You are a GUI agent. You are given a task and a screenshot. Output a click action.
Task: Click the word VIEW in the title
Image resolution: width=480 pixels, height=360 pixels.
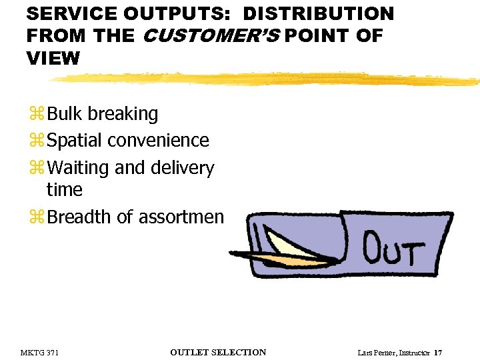coord(53,59)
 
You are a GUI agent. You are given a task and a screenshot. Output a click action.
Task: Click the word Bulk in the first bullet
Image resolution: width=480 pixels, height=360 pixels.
coord(65,114)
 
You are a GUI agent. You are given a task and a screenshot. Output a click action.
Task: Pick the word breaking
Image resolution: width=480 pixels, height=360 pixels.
coord(123,114)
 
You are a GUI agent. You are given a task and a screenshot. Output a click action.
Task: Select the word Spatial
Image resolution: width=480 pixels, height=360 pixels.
coord(75,141)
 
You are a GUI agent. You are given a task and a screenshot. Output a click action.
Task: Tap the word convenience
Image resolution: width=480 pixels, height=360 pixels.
coord(158,141)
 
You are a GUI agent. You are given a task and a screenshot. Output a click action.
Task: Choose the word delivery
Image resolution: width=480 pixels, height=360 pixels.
coord(183,168)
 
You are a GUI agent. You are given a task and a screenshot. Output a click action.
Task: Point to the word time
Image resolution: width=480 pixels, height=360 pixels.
coord(64,190)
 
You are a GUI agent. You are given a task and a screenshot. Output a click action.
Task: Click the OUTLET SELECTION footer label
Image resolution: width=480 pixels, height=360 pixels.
coord(218,353)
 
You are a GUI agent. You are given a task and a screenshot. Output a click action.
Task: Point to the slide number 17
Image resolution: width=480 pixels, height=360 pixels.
coord(438,353)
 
